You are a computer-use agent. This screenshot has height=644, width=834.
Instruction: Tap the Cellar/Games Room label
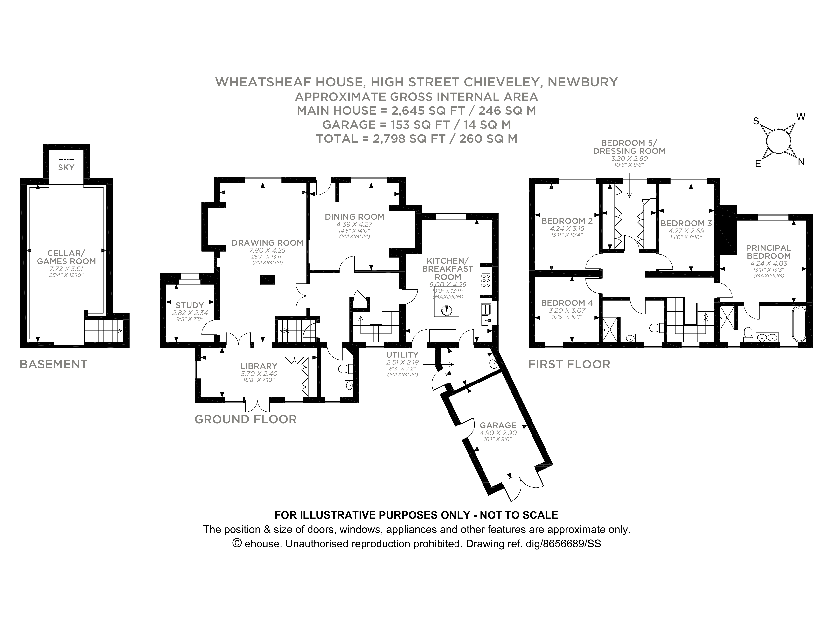(66, 257)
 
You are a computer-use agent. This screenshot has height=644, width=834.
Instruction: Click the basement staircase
(103, 330)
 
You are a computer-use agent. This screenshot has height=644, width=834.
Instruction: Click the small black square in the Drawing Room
(267, 280)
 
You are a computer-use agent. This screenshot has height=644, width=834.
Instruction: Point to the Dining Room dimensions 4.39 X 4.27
(354, 225)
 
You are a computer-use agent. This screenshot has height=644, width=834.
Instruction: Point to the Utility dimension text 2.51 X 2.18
(402, 363)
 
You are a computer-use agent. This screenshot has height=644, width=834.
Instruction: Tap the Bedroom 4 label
(567, 303)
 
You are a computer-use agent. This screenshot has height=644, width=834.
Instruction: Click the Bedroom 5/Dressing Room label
(629, 147)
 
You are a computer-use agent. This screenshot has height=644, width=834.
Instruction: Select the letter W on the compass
(801, 117)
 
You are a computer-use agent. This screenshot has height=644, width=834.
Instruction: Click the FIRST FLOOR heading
(569, 364)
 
